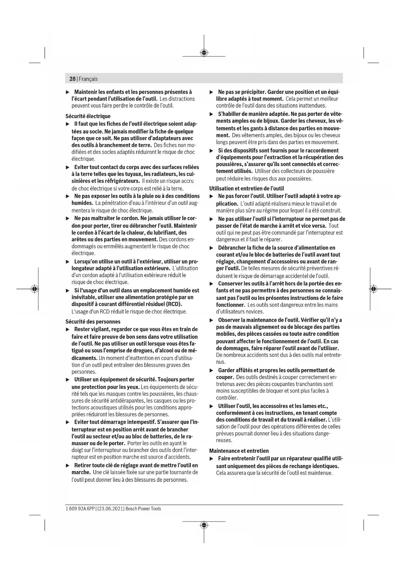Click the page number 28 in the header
click(72, 79)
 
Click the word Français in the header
click(88, 79)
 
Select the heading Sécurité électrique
click(88, 116)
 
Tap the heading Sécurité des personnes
click(93, 322)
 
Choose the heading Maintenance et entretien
click(239, 451)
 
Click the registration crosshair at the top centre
click(204, 53)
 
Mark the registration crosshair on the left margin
click(34, 289)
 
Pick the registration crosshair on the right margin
click(373, 289)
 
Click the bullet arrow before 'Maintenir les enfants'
click(68, 92)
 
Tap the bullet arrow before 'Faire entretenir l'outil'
click(212, 459)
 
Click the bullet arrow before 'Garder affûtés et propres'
click(212, 370)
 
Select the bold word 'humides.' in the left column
click(82, 203)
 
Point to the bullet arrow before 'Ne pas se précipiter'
click(212, 92)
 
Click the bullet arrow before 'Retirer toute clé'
click(68, 466)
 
